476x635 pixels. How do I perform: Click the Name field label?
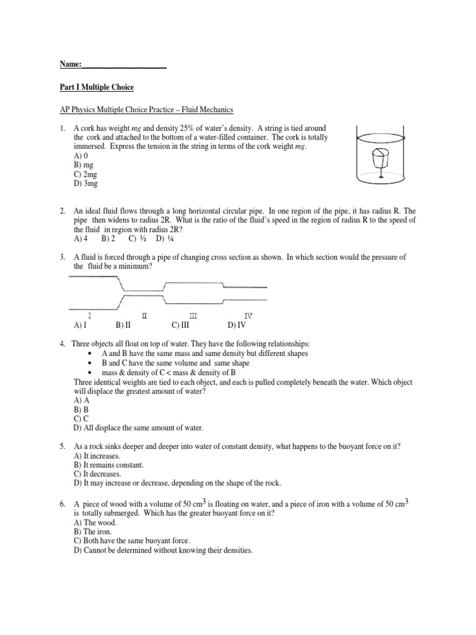(x=71, y=64)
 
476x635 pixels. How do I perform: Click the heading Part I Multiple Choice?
(x=96, y=87)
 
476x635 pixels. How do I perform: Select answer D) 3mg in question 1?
(x=86, y=185)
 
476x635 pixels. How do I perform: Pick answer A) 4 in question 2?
(x=81, y=238)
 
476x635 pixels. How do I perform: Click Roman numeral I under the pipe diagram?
(x=91, y=316)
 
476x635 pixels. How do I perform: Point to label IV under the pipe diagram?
(x=248, y=316)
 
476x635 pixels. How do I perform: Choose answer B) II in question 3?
(x=123, y=324)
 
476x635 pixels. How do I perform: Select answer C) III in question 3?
(x=180, y=324)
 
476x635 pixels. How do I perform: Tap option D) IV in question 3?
(x=237, y=324)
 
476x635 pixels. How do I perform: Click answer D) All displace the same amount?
(x=138, y=428)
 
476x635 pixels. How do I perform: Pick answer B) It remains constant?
(x=108, y=464)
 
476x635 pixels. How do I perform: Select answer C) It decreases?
(x=99, y=474)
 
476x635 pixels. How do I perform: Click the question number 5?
(x=63, y=446)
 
